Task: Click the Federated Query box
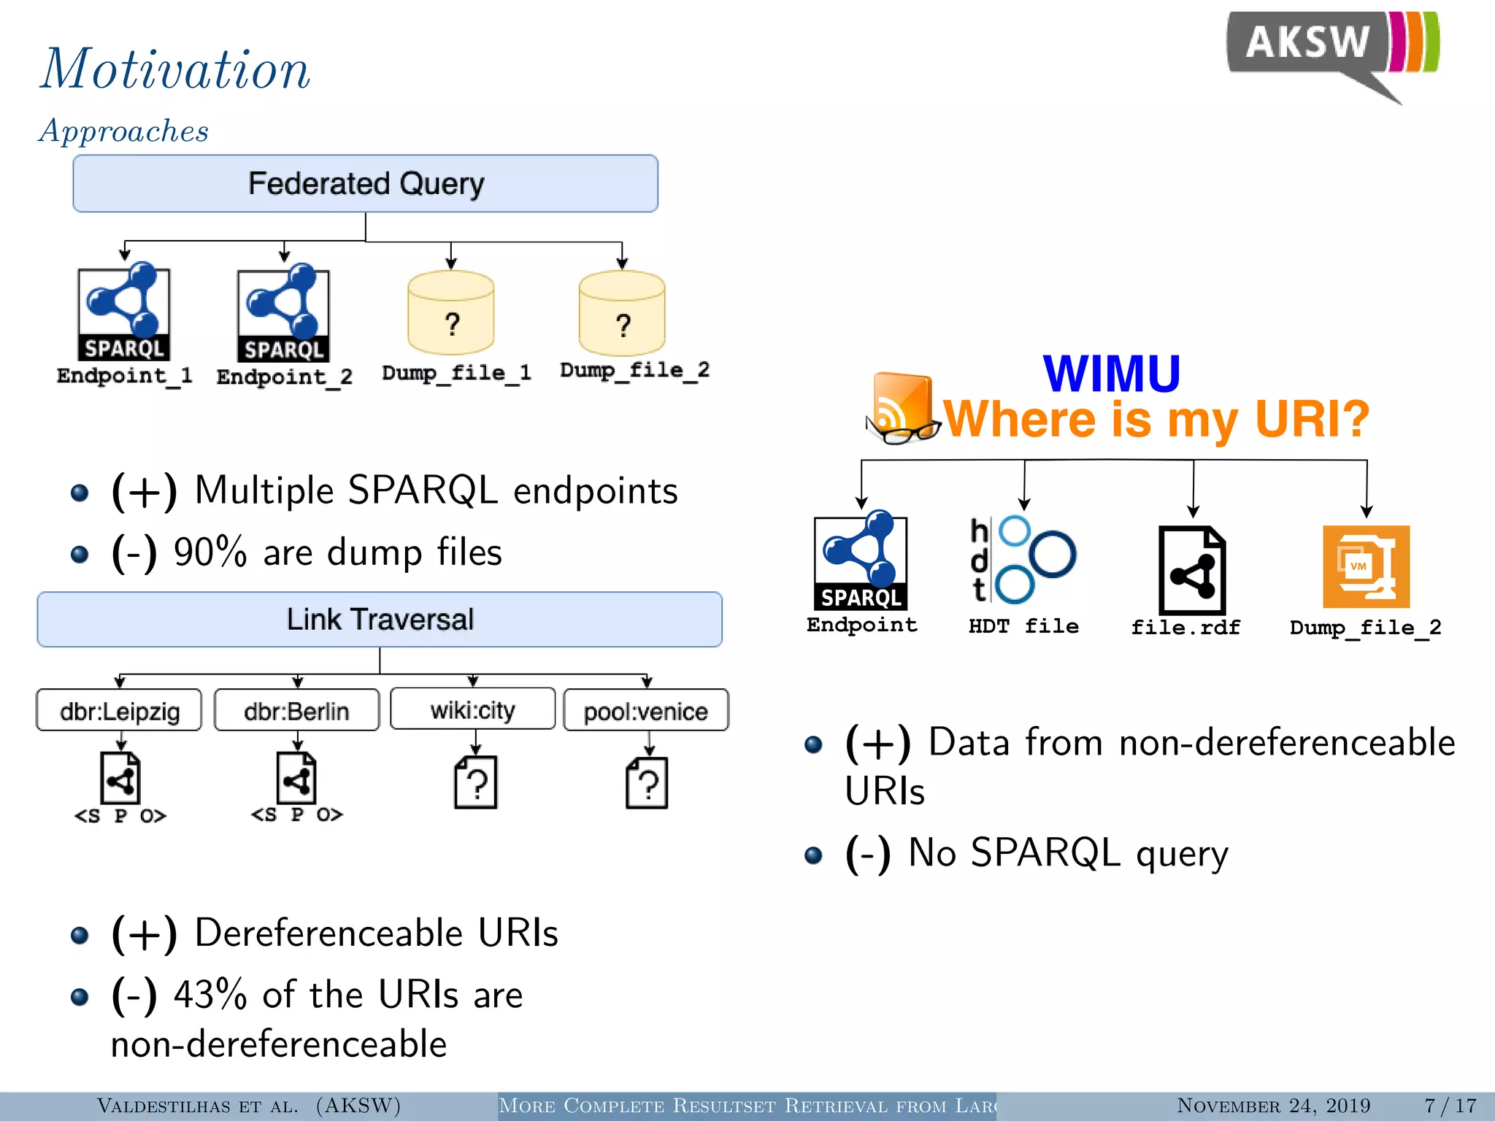[365, 183]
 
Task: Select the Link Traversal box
[380, 619]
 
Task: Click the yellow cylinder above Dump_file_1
[451, 314]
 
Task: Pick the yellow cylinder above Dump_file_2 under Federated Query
[622, 314]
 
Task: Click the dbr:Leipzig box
[119, 710]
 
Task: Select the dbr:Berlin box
[296, 710]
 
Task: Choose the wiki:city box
[473, 709]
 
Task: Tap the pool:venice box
[646, 710]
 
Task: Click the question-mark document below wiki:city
[475, 782]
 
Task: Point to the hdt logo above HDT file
[1022, 560]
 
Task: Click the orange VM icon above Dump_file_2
[1366, 566]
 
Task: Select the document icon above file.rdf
[1191, 571]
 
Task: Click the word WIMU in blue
[1111, 374]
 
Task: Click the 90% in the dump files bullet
[210, 552]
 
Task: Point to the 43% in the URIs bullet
[210, 994]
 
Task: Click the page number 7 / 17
[1450, 1105]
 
